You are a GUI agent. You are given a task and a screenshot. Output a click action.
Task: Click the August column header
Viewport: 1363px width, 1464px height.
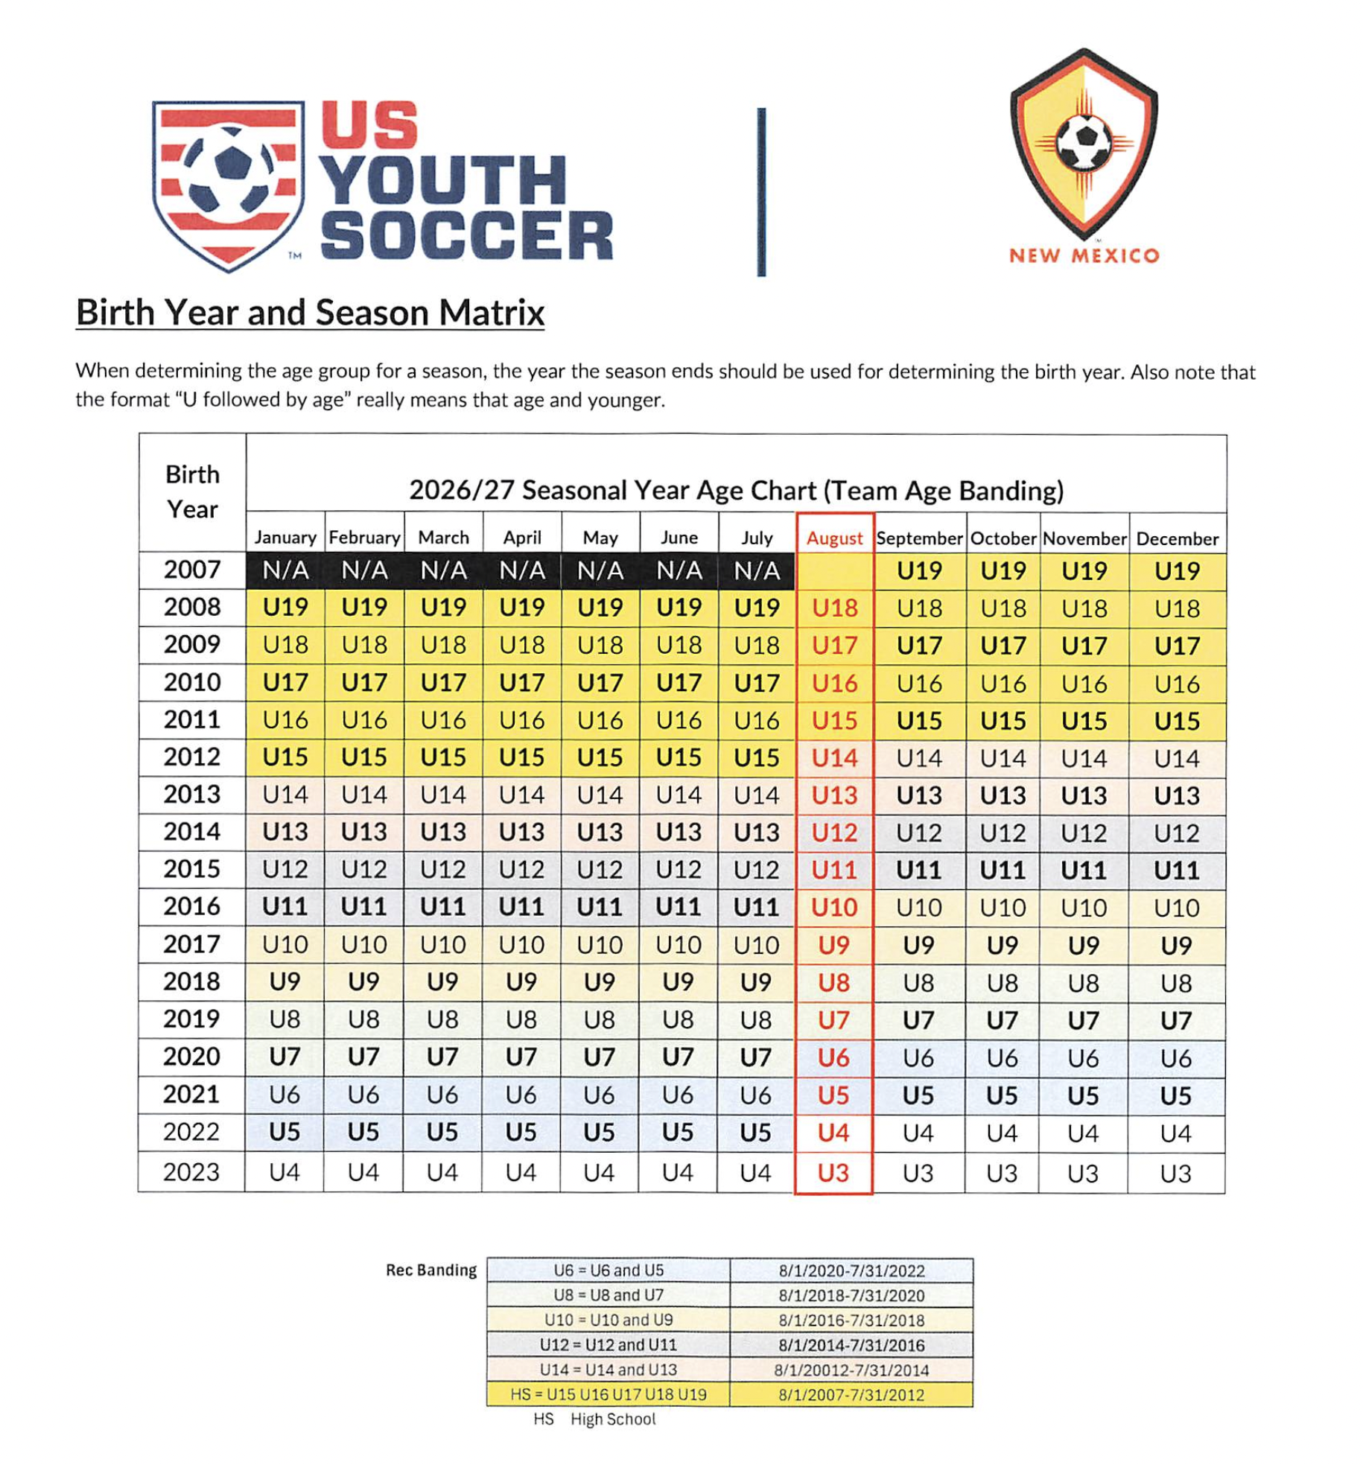[x=834, y=538]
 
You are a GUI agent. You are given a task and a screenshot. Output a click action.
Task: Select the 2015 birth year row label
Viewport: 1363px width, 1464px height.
[x=192, y=869]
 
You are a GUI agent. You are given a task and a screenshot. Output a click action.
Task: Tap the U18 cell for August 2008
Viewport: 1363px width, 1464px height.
[x=834, y=608]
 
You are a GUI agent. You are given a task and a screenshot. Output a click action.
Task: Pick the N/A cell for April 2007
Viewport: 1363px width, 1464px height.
[x=521, y=570]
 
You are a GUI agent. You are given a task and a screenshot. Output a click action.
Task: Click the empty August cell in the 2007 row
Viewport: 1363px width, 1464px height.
[x=834, y=571]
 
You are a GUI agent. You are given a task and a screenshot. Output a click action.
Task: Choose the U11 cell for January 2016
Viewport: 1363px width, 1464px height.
[x=285, y=907]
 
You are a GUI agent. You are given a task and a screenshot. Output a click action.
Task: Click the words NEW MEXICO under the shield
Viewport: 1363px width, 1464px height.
[x=1084, y=256]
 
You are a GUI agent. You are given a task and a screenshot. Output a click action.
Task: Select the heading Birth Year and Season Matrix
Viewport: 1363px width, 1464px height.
[x=310, y=313]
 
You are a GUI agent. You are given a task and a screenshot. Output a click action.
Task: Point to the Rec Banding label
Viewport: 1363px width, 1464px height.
[x=430, y=1270]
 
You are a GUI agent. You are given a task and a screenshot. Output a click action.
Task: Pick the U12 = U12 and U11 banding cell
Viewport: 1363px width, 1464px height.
[x=608, y=1345]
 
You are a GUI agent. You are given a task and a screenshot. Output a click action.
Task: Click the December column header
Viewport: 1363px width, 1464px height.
[x=1177, y=538]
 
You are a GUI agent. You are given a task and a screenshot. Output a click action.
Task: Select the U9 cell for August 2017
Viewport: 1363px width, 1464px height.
[x=834, y=945]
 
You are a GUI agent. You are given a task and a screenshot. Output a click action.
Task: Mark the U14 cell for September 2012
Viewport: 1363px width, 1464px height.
[x=919, y=758]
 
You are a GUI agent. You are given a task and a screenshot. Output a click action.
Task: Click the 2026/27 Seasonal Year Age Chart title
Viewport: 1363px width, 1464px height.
[x=736, y=491]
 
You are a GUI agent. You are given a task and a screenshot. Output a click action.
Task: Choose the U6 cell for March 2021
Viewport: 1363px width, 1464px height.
[x=442, y=1095]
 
